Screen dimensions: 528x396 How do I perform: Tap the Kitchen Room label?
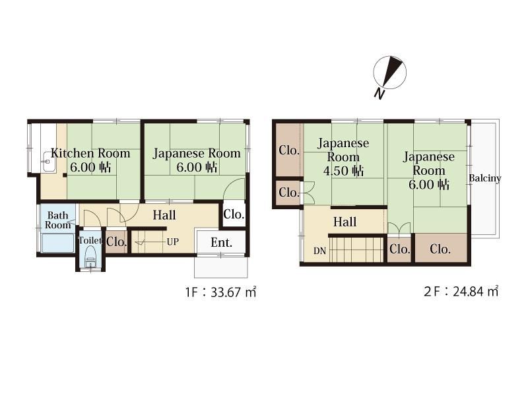point(90,153)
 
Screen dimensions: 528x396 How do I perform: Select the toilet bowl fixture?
point(90,256)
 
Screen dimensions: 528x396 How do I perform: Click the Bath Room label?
point(57,220)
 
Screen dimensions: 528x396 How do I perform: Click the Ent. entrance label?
point(221,242)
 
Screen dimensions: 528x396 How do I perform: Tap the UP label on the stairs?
point(173,242)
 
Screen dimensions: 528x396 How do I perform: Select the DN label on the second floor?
point(319,251)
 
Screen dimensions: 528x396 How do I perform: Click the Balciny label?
point(485,178)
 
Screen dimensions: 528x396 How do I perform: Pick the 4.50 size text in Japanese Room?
point(335,171)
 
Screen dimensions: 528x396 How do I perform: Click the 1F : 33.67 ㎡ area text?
point(220,292)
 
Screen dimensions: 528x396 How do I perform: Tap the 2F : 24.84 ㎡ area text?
point(461,291)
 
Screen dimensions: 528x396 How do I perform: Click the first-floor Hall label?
point(164,215)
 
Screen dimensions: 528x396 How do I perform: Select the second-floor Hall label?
point(345,222)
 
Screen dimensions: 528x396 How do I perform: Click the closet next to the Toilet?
point(117,242)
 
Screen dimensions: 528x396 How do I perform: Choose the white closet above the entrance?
point(234,214)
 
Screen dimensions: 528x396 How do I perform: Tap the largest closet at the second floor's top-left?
point(289,150)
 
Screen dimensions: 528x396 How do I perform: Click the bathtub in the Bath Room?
point(57,243)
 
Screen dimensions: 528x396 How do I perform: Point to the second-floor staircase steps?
point(356,249)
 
